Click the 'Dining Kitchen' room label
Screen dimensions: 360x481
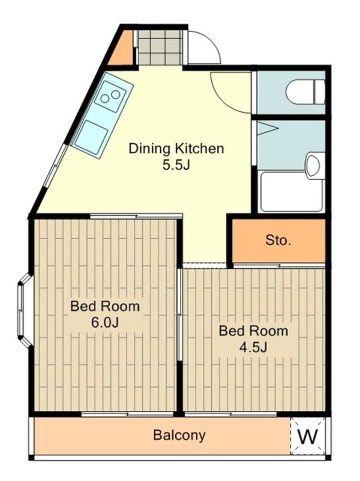click(x=176, y=148)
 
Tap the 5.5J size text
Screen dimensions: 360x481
click(x=176, y=165)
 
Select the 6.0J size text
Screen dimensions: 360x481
click(x=105, y=322)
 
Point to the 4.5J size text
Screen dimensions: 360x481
click(x=253, y=347)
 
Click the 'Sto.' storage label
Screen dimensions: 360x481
click(x=278, y=240)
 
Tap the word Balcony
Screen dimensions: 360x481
click(x=179, y=435)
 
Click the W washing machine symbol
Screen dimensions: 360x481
click(x=308, y=436)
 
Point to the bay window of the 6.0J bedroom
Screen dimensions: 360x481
click(x=25, y=310)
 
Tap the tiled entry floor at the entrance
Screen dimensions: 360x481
click(x=160, y=47)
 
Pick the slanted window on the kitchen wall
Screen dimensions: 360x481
click(x=55, y=166)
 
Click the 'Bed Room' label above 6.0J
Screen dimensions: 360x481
click(x=105, y=306)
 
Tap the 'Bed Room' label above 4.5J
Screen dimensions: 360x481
click(x=253, y=331)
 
